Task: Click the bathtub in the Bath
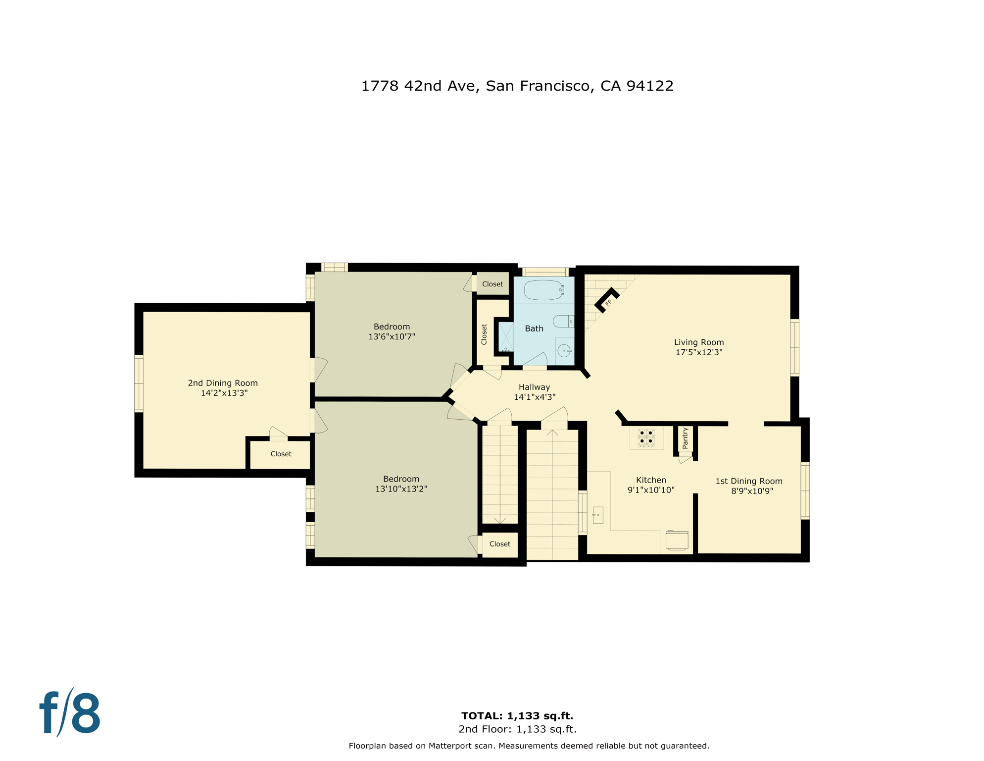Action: [543, 290]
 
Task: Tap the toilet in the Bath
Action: [563, 322]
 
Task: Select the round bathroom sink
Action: [564, 351]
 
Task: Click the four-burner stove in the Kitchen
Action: [646, 438]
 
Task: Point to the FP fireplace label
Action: [608, 303]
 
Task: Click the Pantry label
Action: [685, 438]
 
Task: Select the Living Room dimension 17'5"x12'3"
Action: [699, 353]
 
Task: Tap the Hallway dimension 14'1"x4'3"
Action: [535, 397]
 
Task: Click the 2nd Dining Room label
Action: [223, 383]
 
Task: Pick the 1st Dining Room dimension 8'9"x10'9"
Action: [752, 491]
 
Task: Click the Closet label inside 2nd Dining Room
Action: [281, 454]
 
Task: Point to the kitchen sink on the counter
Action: [598, 515]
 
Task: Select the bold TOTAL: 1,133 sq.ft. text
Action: [517, 716]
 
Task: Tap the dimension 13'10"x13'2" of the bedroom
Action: [401, 489]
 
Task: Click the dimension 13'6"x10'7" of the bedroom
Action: [392, 337]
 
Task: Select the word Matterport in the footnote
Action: [450, 746]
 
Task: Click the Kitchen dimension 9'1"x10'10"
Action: [651, 490]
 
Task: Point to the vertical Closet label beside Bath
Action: [484, 334]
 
